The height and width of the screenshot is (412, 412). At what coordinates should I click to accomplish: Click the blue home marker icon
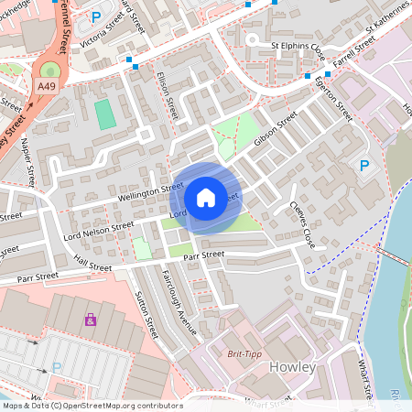(206, 197)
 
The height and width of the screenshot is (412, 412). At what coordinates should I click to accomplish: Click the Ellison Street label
(167, 96)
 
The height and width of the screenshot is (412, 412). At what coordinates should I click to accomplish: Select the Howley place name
(293, 367)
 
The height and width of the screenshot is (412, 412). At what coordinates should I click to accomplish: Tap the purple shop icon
(90, 320)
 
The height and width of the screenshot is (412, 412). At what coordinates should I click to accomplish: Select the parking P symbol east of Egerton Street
(363, 166)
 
